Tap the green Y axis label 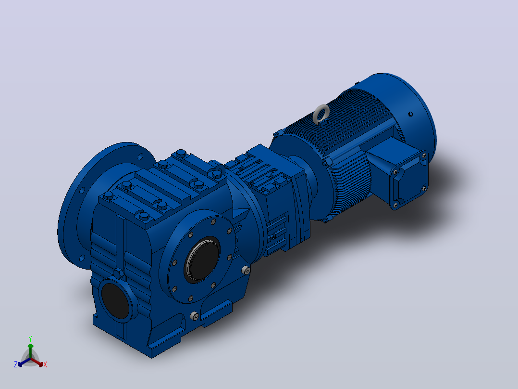click(30, 338)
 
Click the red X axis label click(45, 364)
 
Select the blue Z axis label click(15, 364)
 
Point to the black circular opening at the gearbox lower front click(115, 301)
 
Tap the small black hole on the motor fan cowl click(411, 114)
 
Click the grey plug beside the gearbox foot click(195, 316)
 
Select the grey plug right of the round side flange click(246, 270)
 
